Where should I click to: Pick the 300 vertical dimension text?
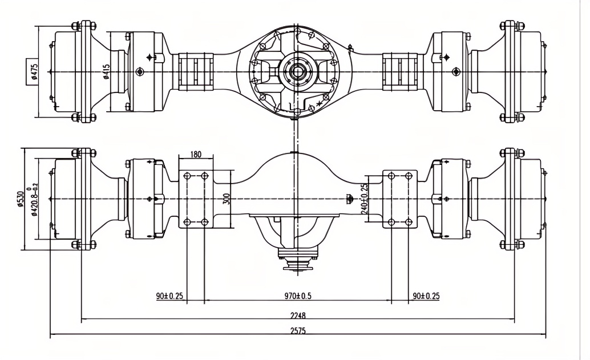pos(227,198)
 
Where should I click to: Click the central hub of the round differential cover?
pos(297,71)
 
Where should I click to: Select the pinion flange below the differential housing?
pos(297,264)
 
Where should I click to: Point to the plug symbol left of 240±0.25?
pos(349,198)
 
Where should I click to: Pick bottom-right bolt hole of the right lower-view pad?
pos(407,221)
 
